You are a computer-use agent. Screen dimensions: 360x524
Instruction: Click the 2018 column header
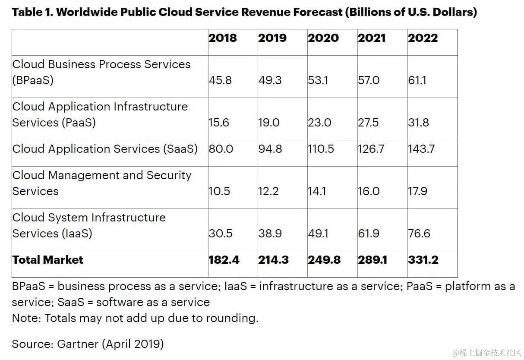[223, 38]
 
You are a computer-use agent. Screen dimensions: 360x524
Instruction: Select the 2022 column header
[423, 38]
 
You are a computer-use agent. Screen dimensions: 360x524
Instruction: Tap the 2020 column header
[323, 38]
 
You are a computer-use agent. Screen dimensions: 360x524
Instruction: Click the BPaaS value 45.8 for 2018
[220, 80]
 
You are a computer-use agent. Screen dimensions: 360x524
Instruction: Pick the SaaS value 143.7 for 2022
[421, 149]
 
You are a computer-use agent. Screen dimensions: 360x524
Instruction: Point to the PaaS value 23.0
[319, 123]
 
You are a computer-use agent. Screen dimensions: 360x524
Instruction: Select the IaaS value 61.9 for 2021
[369, 234]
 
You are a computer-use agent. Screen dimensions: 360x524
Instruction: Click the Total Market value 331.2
[423, 260]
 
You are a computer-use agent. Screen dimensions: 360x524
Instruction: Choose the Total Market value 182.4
[224, 260]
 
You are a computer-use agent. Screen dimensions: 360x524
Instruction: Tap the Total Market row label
[47, 260]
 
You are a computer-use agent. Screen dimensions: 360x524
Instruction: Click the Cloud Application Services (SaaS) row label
[105, 149]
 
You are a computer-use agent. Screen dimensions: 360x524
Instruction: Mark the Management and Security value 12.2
[268, 191]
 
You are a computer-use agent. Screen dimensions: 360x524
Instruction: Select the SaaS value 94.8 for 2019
[270, 149]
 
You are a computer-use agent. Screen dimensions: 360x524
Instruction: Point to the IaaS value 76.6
[419, 234]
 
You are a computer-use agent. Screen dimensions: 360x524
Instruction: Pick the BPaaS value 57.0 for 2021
[369, 80]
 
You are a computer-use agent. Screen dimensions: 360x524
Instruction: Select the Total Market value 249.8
[324, 260]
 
